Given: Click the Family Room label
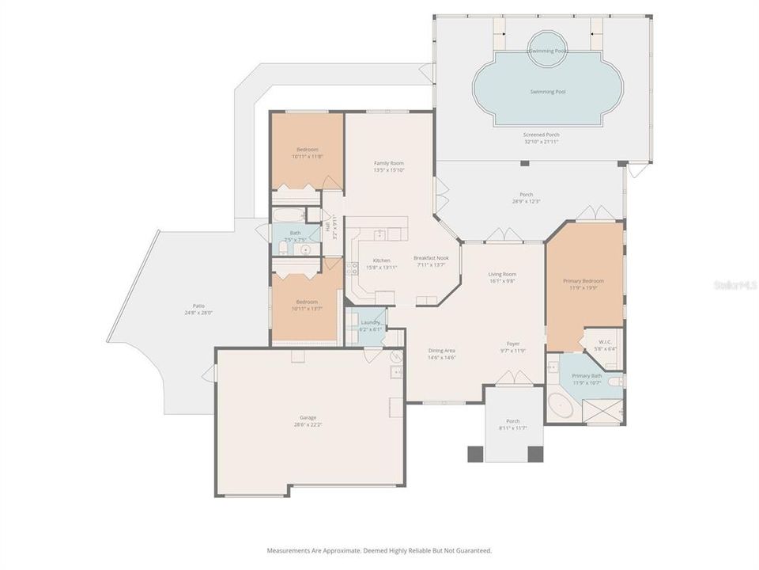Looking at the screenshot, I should (389, 163).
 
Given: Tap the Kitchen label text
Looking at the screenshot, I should (381, 260).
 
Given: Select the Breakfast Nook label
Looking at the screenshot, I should (431, 258).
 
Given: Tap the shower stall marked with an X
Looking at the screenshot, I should (602, 411).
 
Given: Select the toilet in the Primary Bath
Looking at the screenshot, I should (617, 382).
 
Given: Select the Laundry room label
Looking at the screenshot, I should (370, 322).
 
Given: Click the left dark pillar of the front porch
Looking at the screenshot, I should (475, 454).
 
